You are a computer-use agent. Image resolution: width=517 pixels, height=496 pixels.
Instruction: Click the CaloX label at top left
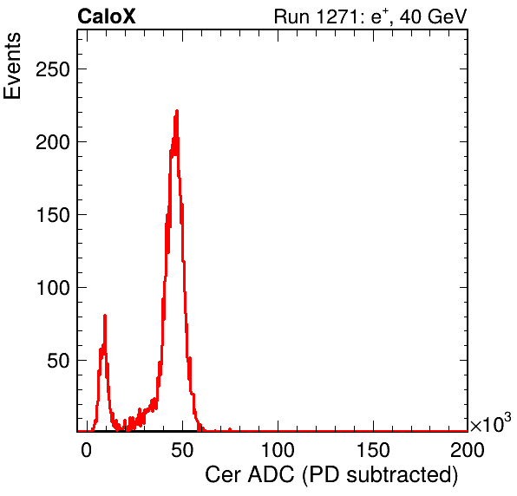pyautogui.click(x=107, y=16)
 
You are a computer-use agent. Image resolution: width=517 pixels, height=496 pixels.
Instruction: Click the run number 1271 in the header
pyautogui.click(x=337, y=16)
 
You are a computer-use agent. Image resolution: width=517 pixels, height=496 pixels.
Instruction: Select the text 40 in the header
pyautogui.click(x=410, y=16)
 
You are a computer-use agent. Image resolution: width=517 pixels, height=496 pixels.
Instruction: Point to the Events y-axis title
pyautogui.click(x=12, y=66)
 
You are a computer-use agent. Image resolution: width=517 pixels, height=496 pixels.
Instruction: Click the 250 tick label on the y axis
pyautogui.click(x=53, y=69)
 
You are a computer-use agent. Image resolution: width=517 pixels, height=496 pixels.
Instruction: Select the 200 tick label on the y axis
pyautogui.click(x=53, y=142)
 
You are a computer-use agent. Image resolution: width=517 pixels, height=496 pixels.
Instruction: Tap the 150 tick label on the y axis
pyautogui.click(x=53, y=215)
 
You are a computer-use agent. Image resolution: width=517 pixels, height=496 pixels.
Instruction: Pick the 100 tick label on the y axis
pyautogui.click(x=53, y=288)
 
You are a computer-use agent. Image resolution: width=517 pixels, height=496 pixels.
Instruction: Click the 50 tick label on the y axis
pyautogui.click(x=58, y=361)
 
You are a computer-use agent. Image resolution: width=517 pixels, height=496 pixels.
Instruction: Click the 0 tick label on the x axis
pyautogui.click(x=87, y=450)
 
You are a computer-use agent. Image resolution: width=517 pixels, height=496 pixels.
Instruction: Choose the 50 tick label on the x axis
pyautogui.click(x=182, y=450)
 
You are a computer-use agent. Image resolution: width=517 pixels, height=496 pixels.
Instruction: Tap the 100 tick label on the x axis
pyautogui.click(x=278, y=450)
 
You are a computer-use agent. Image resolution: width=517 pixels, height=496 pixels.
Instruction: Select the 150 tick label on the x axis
pyautogui.click(x=373, y=450)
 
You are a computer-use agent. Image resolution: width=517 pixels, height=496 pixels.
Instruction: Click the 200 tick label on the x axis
pyautogui.click(x=468, y=450)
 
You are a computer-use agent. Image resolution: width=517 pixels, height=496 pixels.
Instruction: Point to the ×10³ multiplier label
pyautogui.click(x=491, y=423)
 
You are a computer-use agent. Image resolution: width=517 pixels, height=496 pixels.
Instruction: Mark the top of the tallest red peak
pyautogui.click(x=177, y=111)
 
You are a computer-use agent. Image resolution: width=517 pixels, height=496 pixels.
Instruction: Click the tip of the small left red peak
pyautogui.click(x=105, y=316)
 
